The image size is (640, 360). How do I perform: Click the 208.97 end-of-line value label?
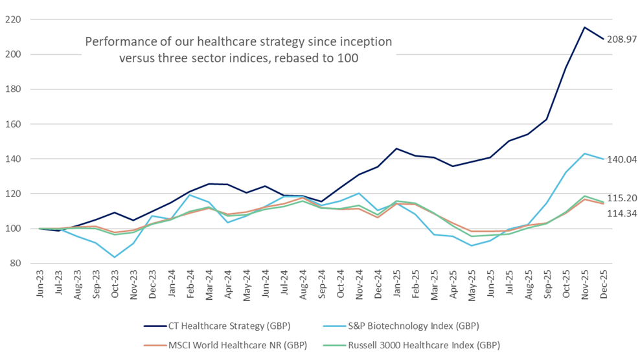(x=620, y=39)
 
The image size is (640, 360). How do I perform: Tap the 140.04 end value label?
(x=620, y=159)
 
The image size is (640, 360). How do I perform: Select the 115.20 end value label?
(x=620, y=198)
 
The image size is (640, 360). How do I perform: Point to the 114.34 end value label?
(x=620, y=213)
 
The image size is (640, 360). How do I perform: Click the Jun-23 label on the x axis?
(x=41, y=284)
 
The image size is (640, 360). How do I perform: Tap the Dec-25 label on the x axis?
(x=604, y=284)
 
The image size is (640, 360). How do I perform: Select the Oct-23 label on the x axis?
(x=116, y=284)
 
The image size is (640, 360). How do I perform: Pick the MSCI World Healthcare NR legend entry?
(x=236, y=345)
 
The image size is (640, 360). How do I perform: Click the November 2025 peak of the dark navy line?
(x=585, y=27)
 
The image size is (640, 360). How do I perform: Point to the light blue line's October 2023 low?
(x=115, y=257)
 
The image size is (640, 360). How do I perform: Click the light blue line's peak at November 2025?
(x=585, y=153)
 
